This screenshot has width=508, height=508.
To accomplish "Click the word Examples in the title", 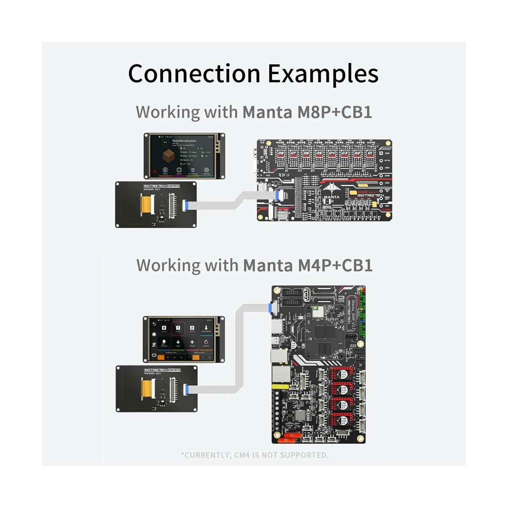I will pos(323,74).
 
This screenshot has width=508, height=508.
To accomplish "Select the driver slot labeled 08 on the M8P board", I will pos(281,153).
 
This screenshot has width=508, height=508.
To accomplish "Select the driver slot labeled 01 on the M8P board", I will pos(370,153).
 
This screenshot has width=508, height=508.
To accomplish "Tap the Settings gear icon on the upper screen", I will pos(207,170).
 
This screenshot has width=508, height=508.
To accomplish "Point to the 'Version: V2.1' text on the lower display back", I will pos(152,373).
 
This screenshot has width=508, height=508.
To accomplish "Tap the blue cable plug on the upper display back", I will pos(185,206).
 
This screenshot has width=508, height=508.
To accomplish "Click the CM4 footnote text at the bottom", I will pos(254,455).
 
